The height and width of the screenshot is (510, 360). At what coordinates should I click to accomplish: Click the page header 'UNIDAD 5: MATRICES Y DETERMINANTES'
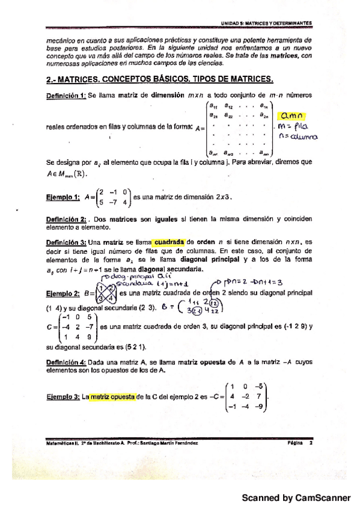point(266,22)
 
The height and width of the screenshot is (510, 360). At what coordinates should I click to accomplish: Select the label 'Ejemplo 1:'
point(63,197)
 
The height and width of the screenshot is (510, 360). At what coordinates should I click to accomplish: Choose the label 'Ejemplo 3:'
point(63,398)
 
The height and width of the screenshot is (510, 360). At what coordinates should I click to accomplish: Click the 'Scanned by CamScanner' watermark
point(296,498)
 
